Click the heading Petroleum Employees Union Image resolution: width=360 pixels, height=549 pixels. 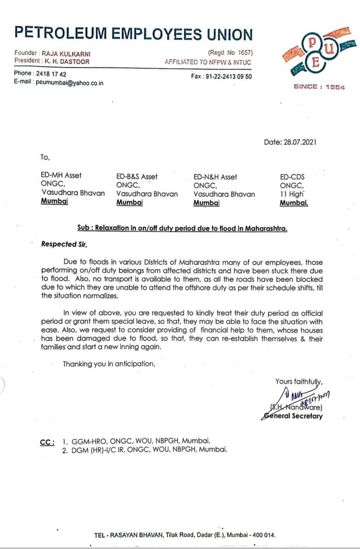[133, 34]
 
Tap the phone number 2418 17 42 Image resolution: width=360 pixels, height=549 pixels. [51, 73]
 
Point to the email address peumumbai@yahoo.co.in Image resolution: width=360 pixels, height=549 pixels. [70, 83]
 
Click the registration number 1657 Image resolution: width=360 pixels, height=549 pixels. [244, 53]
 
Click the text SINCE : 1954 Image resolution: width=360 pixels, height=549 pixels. [319, 87]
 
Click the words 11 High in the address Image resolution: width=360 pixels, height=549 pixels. [292, 194]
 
